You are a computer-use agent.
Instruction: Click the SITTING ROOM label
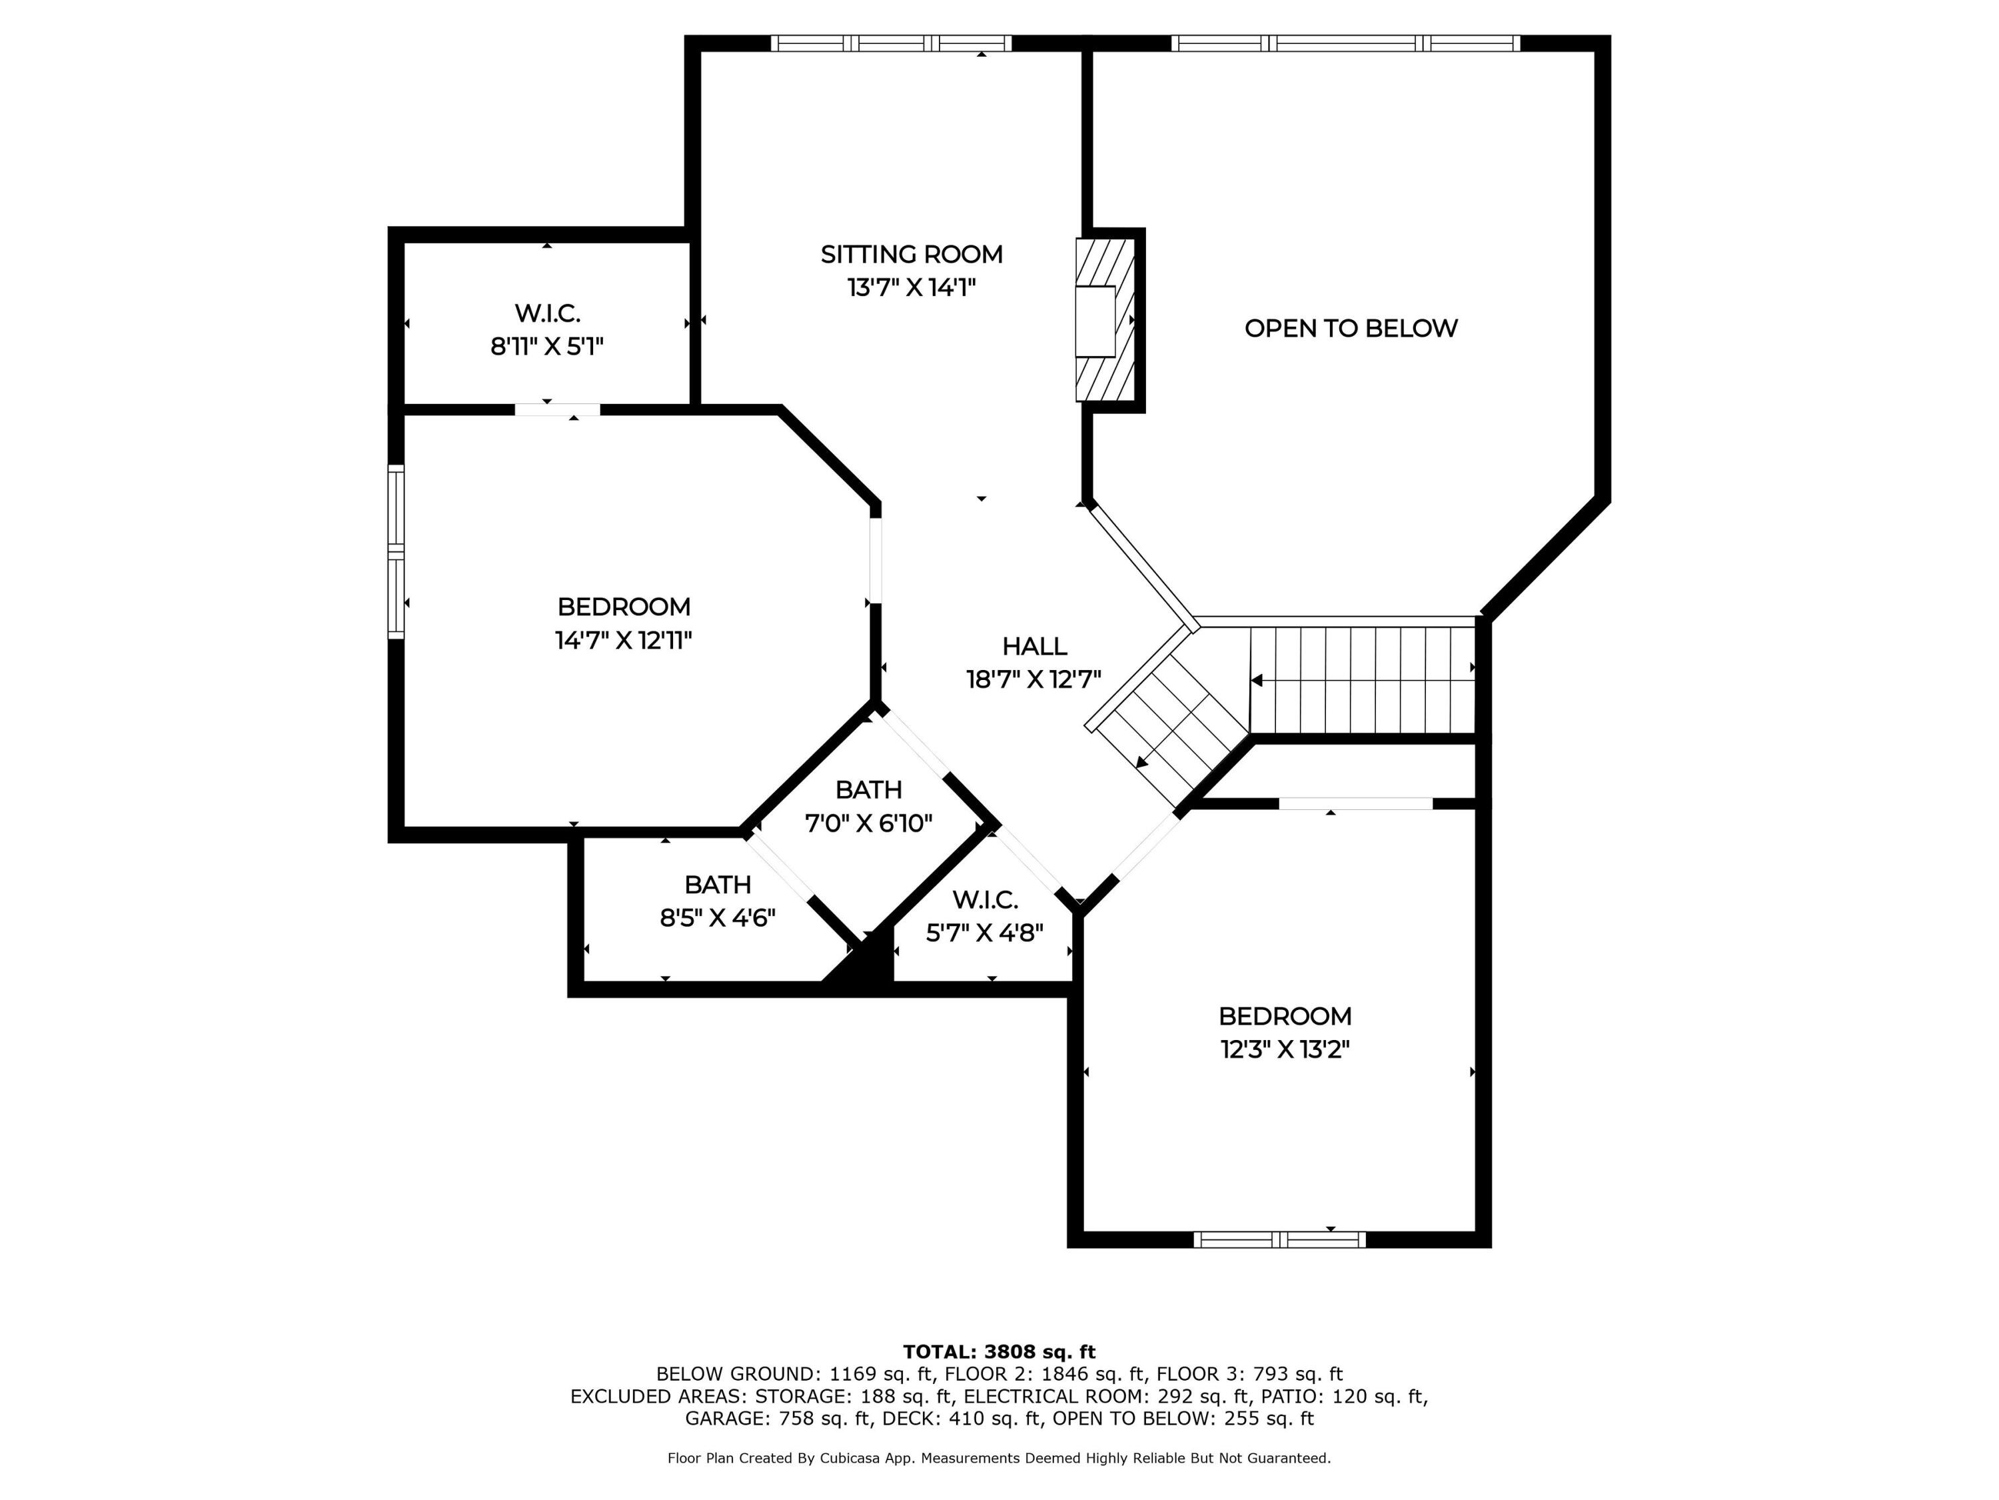pos(911,254)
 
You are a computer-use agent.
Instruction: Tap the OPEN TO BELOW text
pos(1351,328)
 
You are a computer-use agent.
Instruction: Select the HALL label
pos(1034,647)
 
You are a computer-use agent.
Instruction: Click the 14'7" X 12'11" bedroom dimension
pos(624,640)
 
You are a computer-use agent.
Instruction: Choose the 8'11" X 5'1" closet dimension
pos(547,346)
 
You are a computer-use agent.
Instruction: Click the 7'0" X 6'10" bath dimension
pos(868,823)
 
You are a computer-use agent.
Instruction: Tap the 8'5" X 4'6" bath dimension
pos(718,918)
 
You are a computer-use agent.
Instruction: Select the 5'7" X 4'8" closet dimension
pos(985,932)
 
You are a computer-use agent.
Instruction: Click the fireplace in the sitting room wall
pos(1104,320)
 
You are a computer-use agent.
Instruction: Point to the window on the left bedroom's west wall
pos(396,551)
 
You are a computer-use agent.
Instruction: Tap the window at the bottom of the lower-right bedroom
pos(1279,1239)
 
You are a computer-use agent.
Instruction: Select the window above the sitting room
pos(891,43)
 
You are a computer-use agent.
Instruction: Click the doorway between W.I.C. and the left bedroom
pos(558,409)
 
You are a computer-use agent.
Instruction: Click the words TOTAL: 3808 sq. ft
pos(999,1352)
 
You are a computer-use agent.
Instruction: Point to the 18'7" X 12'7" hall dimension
pos(1034,679)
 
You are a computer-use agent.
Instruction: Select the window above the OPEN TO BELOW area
pos(1345,43)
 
